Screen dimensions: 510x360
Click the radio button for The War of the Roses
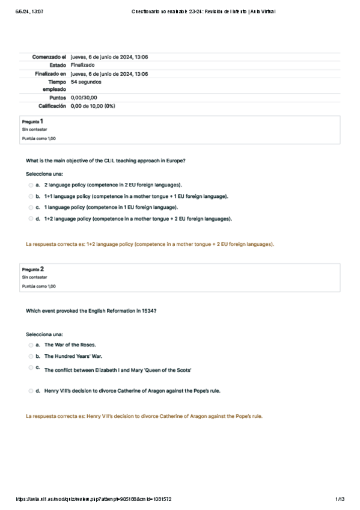click(31, 345)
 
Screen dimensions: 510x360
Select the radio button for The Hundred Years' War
click(31, 356)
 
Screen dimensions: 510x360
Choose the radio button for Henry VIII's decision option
click(31, 391)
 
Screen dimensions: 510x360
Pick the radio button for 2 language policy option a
click(31, 185)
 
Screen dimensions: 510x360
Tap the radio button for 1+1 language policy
click(31, 196)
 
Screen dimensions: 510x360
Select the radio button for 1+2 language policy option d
click(31, 219)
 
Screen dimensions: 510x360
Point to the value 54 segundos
click(86, 82)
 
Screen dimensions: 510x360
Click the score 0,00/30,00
click(84, 97)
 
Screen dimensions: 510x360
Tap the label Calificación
click(52, 106)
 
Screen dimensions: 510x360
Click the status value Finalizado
click(82, 65)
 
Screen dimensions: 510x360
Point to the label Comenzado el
click(49, 57)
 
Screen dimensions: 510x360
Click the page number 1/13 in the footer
click(340, 499)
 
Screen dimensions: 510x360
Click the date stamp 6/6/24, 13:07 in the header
click(28, 11)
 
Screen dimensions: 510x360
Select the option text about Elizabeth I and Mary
click(118, 370)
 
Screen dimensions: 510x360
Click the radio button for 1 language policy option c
click(31, 207)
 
